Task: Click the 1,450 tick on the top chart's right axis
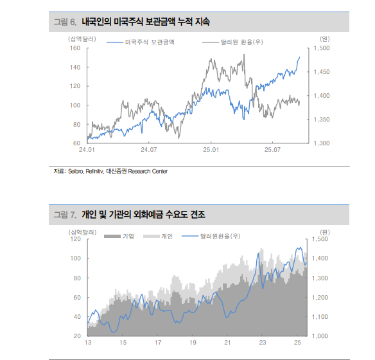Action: pos(322,72)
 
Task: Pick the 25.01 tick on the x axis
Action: pos(211,150)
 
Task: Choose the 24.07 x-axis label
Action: pos(148,150)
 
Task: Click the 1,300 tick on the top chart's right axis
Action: pos(322,143)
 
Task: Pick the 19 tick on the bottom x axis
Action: pos(193,343)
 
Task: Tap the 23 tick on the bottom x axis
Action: pos(262,343)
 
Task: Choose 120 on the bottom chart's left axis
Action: pos(74,239)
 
